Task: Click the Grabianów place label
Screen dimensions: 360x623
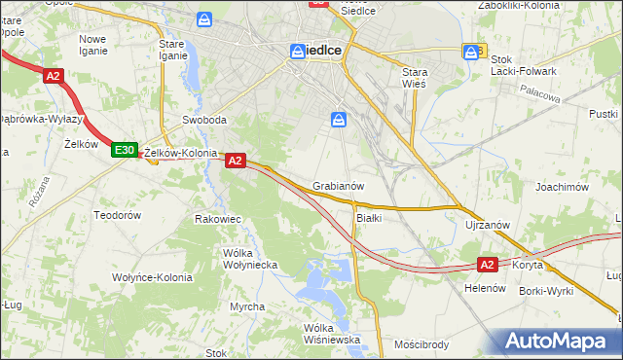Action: coord(339,186)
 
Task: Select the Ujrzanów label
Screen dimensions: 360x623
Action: coord(488,225)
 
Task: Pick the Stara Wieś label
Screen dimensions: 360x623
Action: coord(422,78)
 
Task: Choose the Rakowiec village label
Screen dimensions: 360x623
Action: coord(218,220)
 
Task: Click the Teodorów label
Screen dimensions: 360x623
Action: coord(118,214)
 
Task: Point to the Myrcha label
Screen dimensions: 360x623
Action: coord(247,306)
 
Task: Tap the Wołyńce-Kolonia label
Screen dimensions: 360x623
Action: coord(151,277)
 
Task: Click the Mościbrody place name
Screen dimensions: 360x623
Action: coord(421,344)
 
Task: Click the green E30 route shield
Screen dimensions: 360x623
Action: coord(124,150)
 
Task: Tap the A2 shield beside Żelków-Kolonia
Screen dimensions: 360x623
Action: coord(235,162)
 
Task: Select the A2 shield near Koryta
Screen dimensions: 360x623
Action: coord(489,264)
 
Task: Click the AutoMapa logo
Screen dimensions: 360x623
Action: coord(558,342)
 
